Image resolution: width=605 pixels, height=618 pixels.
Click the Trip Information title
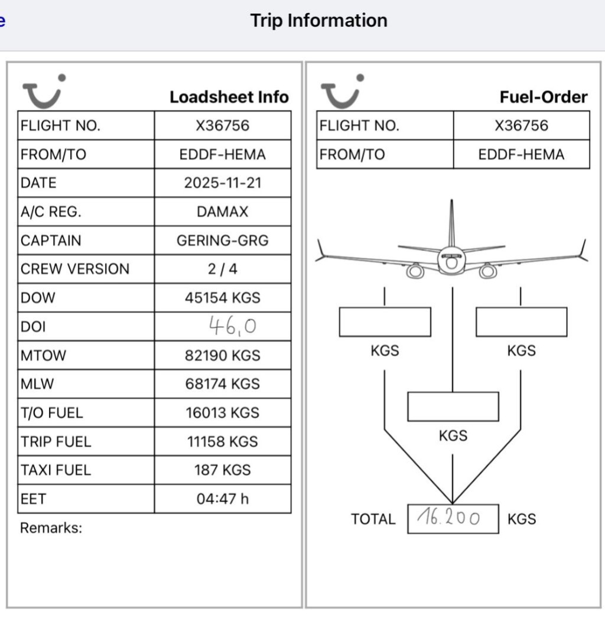[318, 21]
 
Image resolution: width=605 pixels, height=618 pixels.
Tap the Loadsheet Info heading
[229, 97]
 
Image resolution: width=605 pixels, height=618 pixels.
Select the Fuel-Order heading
[544, 97]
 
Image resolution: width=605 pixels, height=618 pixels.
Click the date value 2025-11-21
[223, 183]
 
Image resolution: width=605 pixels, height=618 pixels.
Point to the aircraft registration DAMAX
[223, 212]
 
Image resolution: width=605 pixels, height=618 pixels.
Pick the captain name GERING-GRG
[223, 240]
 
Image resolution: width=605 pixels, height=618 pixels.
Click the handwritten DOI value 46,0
[232, 325]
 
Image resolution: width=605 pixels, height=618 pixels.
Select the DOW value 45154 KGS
[223, 298]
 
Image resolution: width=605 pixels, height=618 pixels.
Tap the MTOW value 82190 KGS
[223, 356]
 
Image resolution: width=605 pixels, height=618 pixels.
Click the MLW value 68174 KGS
[223, 384]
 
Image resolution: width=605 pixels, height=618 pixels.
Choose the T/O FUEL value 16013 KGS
[223, 412]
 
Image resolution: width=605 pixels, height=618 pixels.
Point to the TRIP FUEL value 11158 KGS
[223, 441]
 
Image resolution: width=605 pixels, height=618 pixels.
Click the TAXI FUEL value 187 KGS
[223, 470]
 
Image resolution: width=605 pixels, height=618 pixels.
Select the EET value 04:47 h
[223, 499]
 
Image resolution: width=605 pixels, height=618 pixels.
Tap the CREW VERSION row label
[75, 269]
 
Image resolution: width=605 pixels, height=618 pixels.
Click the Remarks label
[51, 528]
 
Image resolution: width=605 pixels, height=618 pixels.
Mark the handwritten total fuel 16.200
[449, 518]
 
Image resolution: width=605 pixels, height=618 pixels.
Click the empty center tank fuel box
[453, 406]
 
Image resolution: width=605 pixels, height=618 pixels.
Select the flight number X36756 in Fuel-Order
[521, 125]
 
